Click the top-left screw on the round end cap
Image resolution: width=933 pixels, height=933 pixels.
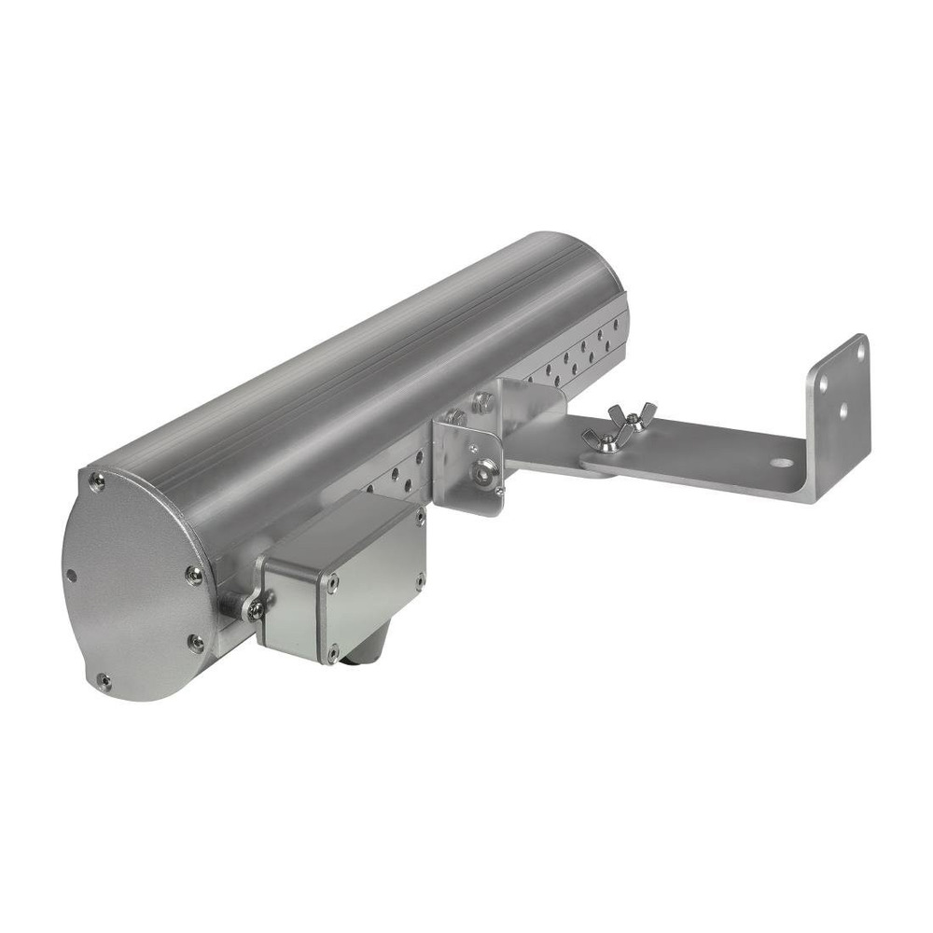click(x=95, y=480)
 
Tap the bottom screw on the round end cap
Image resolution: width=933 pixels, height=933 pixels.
click(x=104, y=682)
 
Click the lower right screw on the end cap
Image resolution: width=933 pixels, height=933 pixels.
click(x=196, y=643)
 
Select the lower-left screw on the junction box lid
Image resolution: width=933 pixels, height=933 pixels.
click(x=332, y=650)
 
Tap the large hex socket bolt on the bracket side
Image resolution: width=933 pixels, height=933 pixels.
click(x=480, y=472)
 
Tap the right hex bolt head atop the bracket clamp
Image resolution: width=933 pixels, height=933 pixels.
click(x=482, y=403)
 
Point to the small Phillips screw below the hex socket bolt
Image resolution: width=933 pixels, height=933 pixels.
click(x=499, y=492)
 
